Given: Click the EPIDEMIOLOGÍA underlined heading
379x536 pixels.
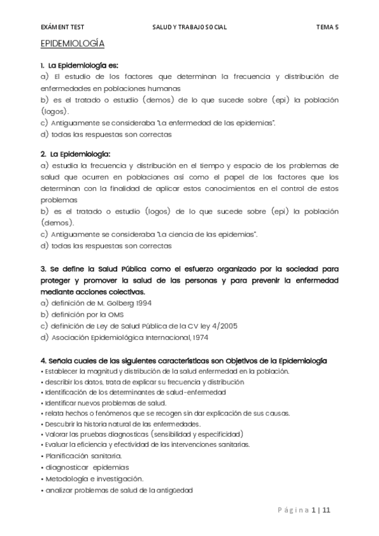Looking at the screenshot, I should pyautogui.click(x=71, y=44).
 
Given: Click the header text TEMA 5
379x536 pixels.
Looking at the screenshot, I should pyautogui.click(x=327, y=27).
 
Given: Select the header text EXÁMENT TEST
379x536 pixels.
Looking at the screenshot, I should pyautogui.click(x=62, y=27).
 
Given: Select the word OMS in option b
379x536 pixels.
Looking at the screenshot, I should pyautogui.click(x=115, y=314).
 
